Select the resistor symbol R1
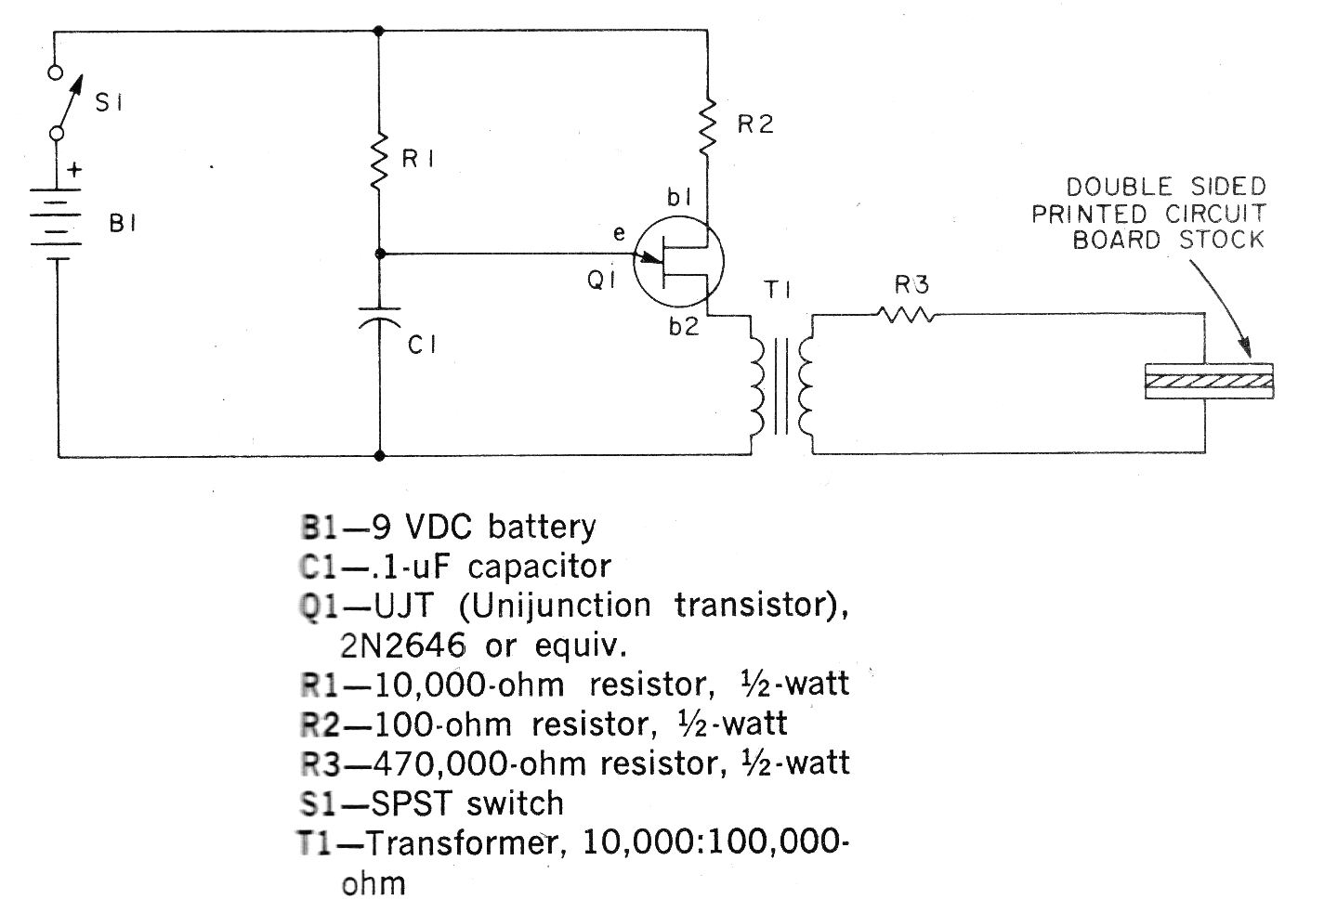click(379, 161)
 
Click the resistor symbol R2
click(708, 124)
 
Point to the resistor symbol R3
click(906, 316)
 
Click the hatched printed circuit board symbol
click(1209, 382)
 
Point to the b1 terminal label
click(680, 197)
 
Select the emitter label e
click(619, 235)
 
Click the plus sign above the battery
click(74, 171)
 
